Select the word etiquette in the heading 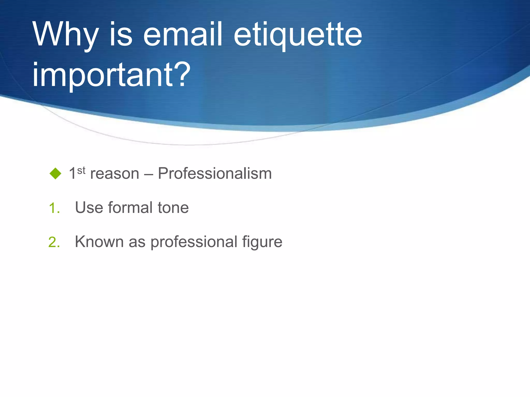coord(298,35)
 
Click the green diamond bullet coord(55,173)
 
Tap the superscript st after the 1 coord(81,170)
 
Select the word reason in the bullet coord(115,174)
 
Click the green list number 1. coord(54,208)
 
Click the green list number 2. coord(54,242)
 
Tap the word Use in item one coord(89,208)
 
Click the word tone coord(173,208)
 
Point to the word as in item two coord(137,242)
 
